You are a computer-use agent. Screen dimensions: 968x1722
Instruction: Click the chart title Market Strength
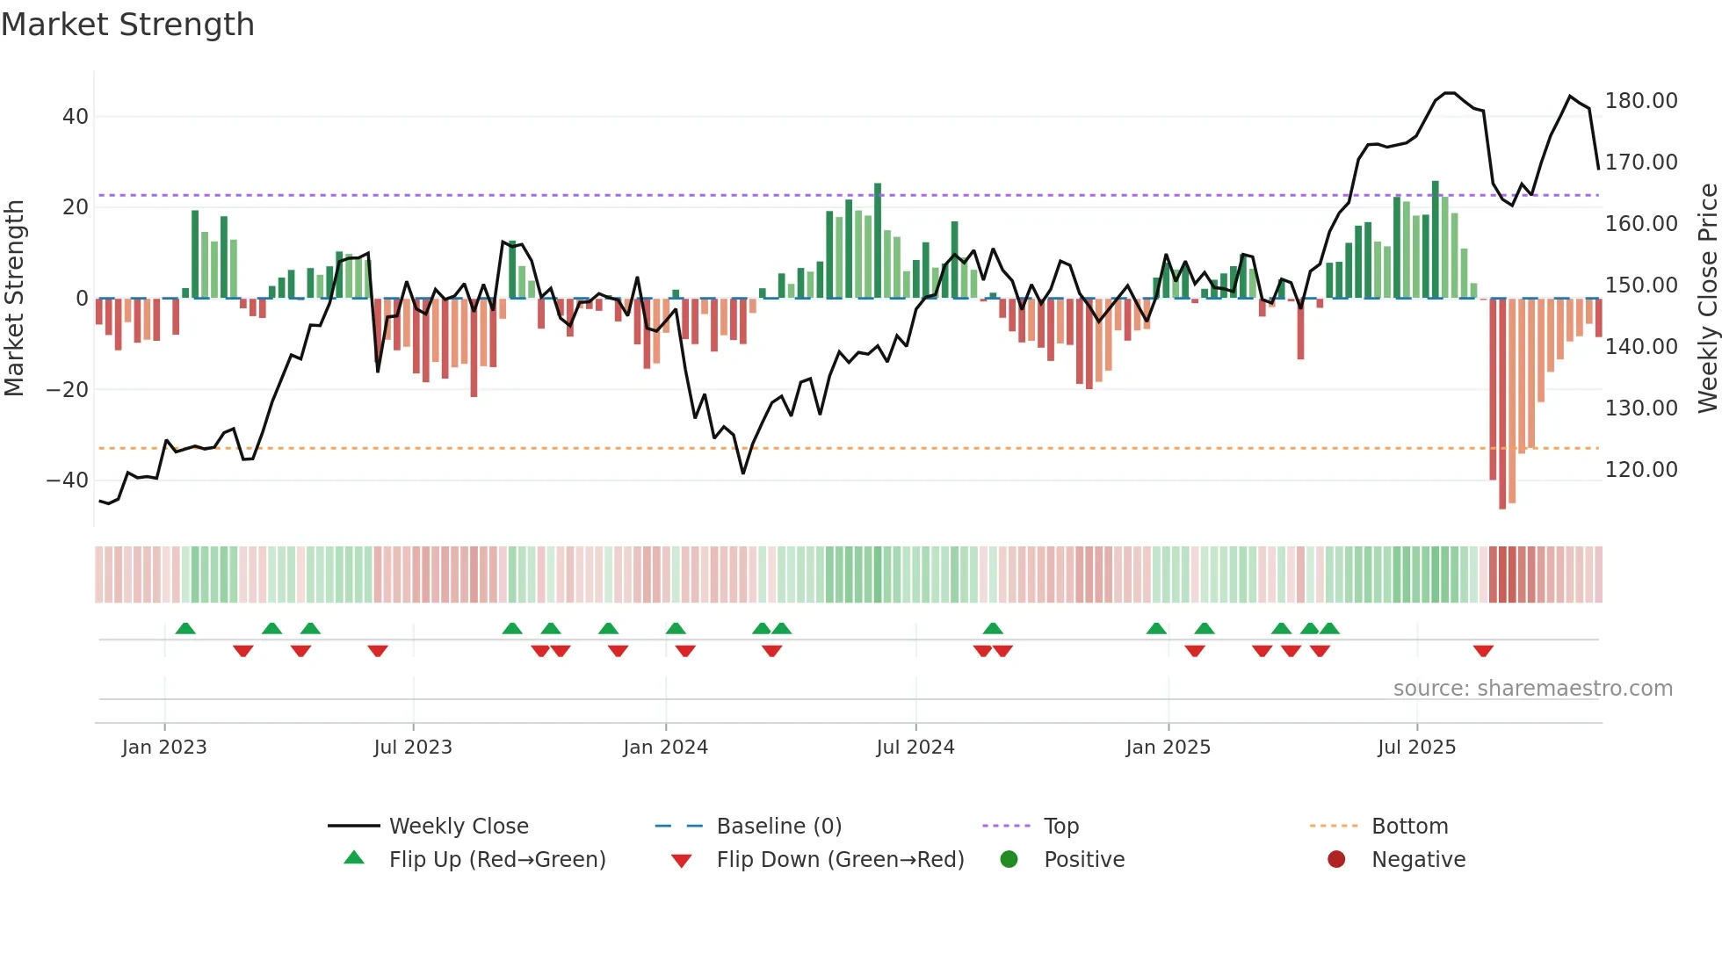[127, 25]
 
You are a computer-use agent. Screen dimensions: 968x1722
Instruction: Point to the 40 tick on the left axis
[75, 117]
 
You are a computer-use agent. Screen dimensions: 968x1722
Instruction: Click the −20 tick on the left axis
[67, 390]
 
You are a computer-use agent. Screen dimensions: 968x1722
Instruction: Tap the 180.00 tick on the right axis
[1640, 101]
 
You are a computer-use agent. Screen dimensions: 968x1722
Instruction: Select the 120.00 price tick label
[1640, 470]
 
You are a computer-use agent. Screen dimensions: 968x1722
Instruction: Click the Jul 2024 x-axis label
[915, 748]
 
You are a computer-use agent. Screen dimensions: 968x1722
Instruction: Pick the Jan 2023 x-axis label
[164, 748]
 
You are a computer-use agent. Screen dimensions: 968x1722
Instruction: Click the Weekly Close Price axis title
[1707, 299]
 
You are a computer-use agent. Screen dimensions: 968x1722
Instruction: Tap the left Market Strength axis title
[14, 299]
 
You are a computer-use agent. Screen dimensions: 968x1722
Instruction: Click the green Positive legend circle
[1009, 860]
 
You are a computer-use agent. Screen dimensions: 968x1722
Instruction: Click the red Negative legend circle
[1336, 860]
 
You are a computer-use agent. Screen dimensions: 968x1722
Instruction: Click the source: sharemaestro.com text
[1532, 689]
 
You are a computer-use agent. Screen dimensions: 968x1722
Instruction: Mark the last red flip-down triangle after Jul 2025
[1483, 651]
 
